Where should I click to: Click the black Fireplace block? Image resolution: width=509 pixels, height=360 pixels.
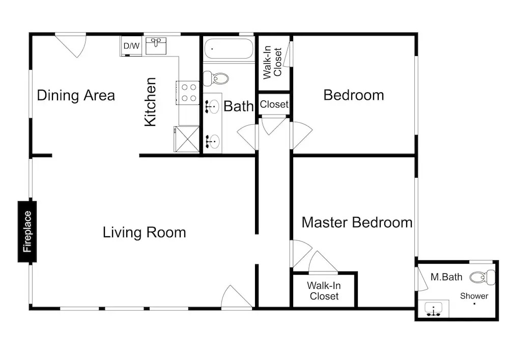coord(27,232)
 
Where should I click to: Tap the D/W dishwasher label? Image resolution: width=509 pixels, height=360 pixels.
coord(131,46)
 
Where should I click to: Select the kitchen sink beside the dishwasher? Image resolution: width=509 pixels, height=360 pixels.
coord(156,45)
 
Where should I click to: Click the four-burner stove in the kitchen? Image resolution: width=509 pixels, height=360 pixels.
coord(188,93)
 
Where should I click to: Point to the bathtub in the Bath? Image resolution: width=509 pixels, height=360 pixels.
coord(229,49)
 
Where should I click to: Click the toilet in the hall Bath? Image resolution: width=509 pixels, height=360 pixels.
coord(216,78)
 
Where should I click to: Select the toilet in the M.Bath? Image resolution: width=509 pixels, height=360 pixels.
coord(483,278)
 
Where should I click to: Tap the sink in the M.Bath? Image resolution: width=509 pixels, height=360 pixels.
coord(433,309)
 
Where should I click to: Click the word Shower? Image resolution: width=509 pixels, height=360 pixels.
coord(474,296)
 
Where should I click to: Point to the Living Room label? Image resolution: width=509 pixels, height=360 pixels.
coord(145,232)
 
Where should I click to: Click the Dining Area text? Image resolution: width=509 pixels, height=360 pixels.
coord(76,95)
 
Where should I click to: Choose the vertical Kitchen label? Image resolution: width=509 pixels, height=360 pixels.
coord(150,102)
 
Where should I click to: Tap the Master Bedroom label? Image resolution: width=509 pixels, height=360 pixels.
coord(357,223)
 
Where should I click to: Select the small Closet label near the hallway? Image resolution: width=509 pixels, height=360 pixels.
coord(274,104)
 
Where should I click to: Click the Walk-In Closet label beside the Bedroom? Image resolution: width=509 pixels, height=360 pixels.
coord(272,62)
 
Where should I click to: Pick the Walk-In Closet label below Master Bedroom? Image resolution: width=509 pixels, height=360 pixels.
coord(324,291)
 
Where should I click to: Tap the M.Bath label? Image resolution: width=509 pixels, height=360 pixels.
coord(446,277)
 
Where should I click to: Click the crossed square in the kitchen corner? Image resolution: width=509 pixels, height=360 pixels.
coord(187,139)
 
